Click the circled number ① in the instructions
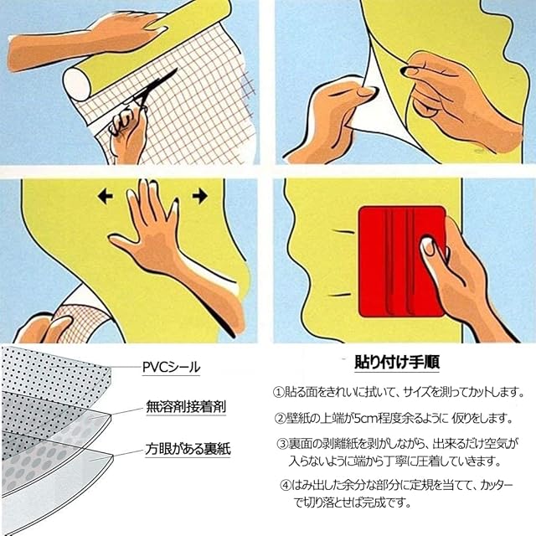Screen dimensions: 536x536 pos(278,392)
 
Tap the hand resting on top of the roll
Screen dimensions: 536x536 pos(117,34)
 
